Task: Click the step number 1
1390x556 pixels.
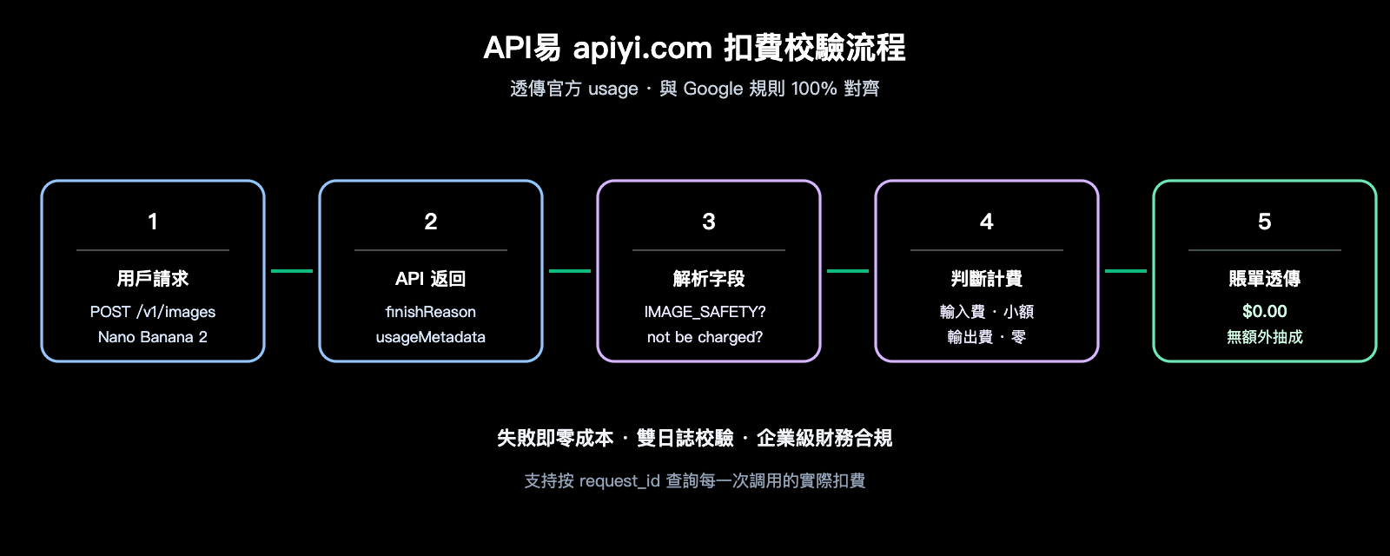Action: tap(153, 222)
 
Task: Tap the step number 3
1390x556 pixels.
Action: tap(709, 222)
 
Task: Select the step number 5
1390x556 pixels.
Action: tap(1264, 222)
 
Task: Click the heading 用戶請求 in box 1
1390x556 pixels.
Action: tap(153, 279)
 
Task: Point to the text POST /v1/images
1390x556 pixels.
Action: tap(153, 312)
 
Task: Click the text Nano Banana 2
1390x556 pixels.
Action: tap(153, 337)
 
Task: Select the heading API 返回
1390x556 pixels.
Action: tap(431, 279)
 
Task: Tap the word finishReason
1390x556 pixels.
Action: tap(431, 312)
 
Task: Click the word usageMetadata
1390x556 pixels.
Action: tap(431, 337)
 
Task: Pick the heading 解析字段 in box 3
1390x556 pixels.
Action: tap(709, 279)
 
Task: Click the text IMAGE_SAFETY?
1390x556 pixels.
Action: tap(705, 312)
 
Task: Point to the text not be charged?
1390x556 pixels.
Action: tap(705, 337)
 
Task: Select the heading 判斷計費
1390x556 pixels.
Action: tap(987, 279)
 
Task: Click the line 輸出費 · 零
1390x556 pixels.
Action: tap(987, 337)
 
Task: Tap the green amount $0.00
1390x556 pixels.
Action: tap(1264, 311)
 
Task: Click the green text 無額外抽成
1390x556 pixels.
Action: tap(1264, 337)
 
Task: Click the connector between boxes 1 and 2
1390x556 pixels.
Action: tap(292, 271)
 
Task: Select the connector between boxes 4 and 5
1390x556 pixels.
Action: tap(1126, 271)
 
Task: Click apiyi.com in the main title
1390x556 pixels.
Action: tap(642, 49)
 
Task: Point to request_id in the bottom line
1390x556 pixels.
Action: tap(619, 481)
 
